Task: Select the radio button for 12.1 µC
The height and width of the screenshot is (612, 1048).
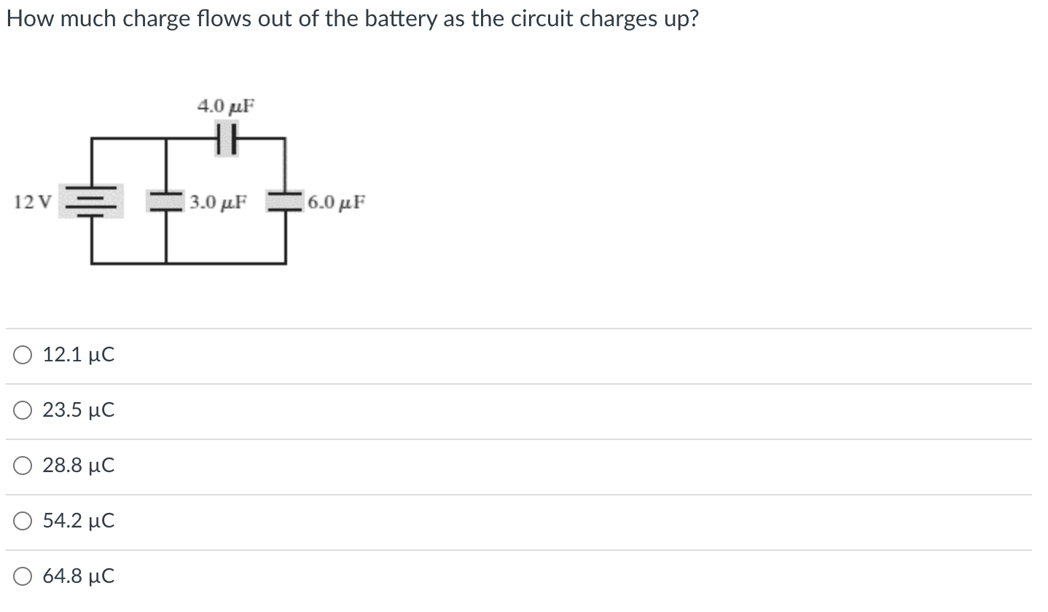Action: click(22, 356)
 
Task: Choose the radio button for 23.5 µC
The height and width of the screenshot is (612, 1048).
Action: click(22, 411)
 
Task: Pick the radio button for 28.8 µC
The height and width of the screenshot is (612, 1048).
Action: click(22, 466)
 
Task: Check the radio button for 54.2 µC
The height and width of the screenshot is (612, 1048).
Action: click(22, 522)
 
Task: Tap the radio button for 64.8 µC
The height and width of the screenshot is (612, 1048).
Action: click(22, 577)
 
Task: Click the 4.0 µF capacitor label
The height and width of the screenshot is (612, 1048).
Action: click(226, 106)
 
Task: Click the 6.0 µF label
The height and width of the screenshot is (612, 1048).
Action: click(336, 201)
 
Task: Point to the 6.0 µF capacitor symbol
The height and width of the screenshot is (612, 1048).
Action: click(284, 200)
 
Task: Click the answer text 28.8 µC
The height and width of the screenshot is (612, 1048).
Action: click(79, 466)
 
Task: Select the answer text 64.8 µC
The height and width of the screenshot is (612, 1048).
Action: click(79, 577)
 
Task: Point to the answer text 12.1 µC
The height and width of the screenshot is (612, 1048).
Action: click(79, 356)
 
